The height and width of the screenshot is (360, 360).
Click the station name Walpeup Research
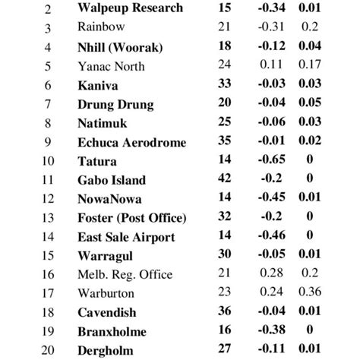(130, 8)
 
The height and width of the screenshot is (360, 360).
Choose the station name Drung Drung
(115, 104)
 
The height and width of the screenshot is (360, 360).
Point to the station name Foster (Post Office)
(132, 218)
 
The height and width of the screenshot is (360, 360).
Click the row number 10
(48, 161)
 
